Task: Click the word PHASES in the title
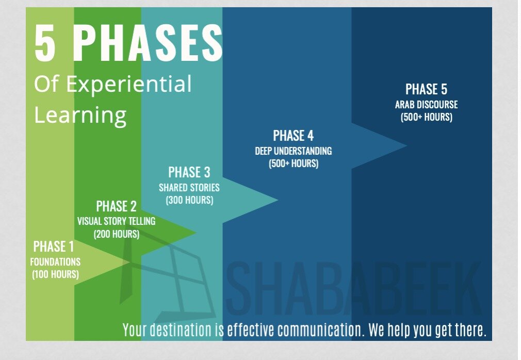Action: (x=148, y=43)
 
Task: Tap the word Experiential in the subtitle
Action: (x=129, y=85)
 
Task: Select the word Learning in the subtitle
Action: (x=80, y=115)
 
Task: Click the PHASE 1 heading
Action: (x=54, y=247)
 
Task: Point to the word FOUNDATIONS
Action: (x=55, y=262)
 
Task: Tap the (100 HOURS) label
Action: (x=56, y=274)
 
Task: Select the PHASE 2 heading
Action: (x=116, y=206)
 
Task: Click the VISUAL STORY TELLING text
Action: (x=116, y=221)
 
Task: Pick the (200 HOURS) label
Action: (x=116, y=234)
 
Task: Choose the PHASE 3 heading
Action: (x=189, y=172)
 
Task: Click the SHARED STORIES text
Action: (x=189, y=188)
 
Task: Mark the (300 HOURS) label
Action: (x=189, y=200)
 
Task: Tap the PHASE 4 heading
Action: (x=294, y=136)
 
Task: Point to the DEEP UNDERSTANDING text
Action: (x=294, y=151)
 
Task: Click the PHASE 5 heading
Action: (x=426, y=89)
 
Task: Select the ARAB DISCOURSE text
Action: (x=426, y=105)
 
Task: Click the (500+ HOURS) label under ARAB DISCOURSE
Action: (x=426, y=117)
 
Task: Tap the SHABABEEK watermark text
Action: (x=354, y=288)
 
